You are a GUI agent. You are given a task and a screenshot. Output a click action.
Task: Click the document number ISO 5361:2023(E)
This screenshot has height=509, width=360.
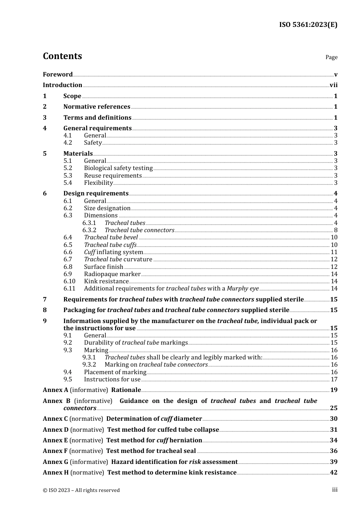[308, 25]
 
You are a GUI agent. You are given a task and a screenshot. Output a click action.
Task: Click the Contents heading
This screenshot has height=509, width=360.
[62, 56]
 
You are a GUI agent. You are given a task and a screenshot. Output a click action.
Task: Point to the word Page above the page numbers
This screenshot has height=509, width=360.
[331, 57]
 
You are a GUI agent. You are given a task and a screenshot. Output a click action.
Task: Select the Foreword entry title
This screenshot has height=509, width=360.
[58, 74]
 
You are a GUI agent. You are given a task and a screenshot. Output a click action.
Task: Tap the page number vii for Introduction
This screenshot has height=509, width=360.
[333, 85]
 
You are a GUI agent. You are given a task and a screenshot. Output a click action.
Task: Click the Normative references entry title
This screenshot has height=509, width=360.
[97, 107]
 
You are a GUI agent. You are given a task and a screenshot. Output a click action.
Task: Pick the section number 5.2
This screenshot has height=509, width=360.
[68, 168]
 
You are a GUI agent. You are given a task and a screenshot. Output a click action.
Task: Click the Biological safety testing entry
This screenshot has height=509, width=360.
[118, 168]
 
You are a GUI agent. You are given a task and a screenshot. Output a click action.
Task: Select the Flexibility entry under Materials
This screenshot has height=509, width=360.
[99, 183]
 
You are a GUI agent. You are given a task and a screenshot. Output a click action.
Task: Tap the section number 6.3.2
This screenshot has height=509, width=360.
[89, 230]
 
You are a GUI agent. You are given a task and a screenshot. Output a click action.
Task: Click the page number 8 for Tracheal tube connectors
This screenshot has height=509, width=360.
[336, 230]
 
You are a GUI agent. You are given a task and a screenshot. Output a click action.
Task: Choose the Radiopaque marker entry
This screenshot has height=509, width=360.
[112, 274]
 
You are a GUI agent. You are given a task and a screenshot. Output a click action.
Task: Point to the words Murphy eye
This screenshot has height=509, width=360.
[243, 289]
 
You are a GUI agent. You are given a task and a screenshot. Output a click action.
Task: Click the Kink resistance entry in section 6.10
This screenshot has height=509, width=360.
[106, 281]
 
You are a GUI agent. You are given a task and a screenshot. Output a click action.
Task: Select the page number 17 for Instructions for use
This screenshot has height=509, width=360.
[334, 379]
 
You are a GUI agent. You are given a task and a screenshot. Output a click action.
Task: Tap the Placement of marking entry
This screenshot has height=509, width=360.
[115, 372]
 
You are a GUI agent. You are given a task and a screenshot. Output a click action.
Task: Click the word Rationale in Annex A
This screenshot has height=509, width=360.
[126, 390]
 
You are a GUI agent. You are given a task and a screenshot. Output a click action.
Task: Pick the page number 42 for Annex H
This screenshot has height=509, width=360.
[333, 473]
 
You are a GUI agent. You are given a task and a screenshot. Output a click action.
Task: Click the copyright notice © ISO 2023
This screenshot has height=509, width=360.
[81, 490]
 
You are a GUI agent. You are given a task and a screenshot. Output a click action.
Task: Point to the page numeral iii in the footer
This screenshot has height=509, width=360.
[335, 490]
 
